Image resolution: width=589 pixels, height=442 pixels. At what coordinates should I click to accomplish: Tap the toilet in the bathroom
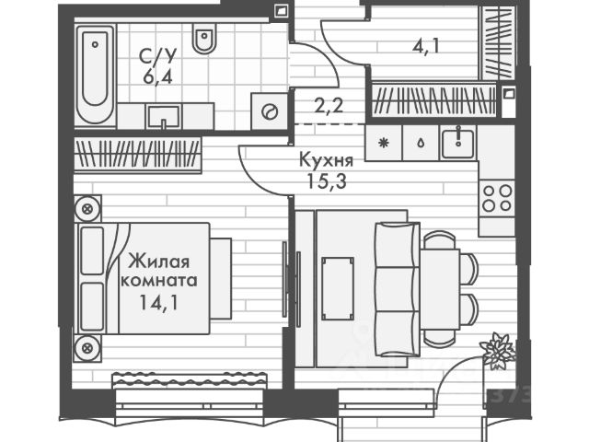click(x=204, y=40)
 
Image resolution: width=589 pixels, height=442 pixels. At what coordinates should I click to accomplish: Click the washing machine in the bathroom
click(x=270, y=111)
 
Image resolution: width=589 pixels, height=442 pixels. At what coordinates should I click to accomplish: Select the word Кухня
click(x=325, y=158)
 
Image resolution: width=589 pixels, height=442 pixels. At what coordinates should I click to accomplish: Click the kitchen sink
click(x=456, y=142)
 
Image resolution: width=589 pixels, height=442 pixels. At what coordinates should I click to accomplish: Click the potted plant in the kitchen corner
click(x=498, y=350)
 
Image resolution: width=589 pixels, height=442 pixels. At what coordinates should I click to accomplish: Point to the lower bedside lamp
click(x=87, y=348)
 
